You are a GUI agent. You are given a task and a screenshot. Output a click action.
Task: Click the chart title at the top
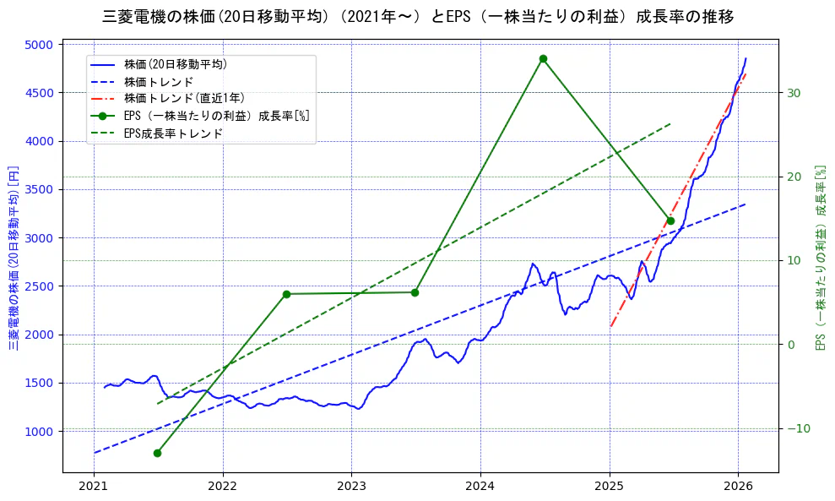[x=418, y=16]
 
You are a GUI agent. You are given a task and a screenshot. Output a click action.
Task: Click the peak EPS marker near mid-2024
[x=543, y=58]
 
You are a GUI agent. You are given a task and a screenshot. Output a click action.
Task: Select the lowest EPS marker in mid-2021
[x=157, y=453]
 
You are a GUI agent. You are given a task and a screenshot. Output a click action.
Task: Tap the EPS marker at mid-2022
[x=286, y=294]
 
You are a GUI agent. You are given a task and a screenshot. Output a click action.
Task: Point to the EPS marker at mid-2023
[x=415, y=292]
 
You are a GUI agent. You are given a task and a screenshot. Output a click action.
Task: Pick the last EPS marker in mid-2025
[x=670, y=221]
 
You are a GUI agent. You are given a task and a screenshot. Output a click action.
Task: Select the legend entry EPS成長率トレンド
[x=173, y=133]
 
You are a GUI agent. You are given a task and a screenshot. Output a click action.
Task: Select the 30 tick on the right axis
[x=794, y=93]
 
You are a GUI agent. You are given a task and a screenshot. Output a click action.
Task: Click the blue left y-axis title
[x=14, y=258]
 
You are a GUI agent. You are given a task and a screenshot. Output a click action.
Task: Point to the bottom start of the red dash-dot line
[x=610, y=326]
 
